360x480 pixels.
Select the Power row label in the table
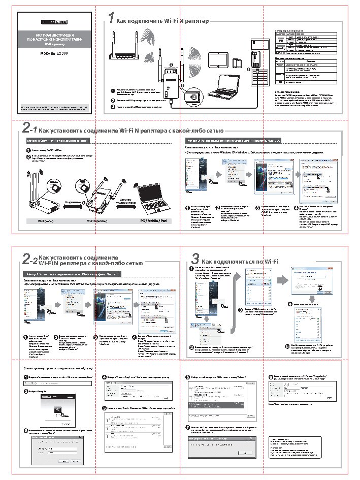click(x=279, y=66)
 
